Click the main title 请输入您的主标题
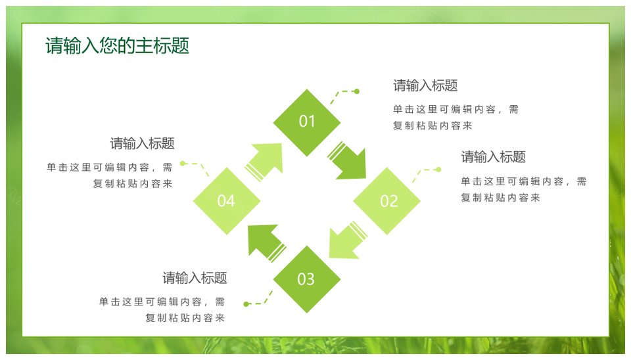click(x=117, y=46)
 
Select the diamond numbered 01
click(x=307, y=122)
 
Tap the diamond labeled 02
click(x=387, y=201)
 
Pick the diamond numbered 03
click(x=307, y=279)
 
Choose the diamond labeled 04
click(x=227, y=201)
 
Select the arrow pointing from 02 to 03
click(x=346, y=240)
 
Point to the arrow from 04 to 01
click(x=266, y=160)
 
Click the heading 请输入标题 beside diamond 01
click(x=425, y=85)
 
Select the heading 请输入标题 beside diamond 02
click(x=493, y=157)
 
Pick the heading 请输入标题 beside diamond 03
click(x=195, y=278)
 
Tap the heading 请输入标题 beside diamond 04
click(x=142, y=143)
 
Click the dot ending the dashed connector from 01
click(x=356, y=91)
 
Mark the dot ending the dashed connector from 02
click(x=438, y=169)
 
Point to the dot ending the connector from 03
click(x=246, y=304)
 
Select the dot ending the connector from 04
click(x=183, y=163)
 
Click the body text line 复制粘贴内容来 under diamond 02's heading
click(x=500, y=198)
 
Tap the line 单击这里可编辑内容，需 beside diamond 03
click(x=162, y=302)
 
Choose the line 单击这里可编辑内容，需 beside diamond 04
click(x=109, y=168)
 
